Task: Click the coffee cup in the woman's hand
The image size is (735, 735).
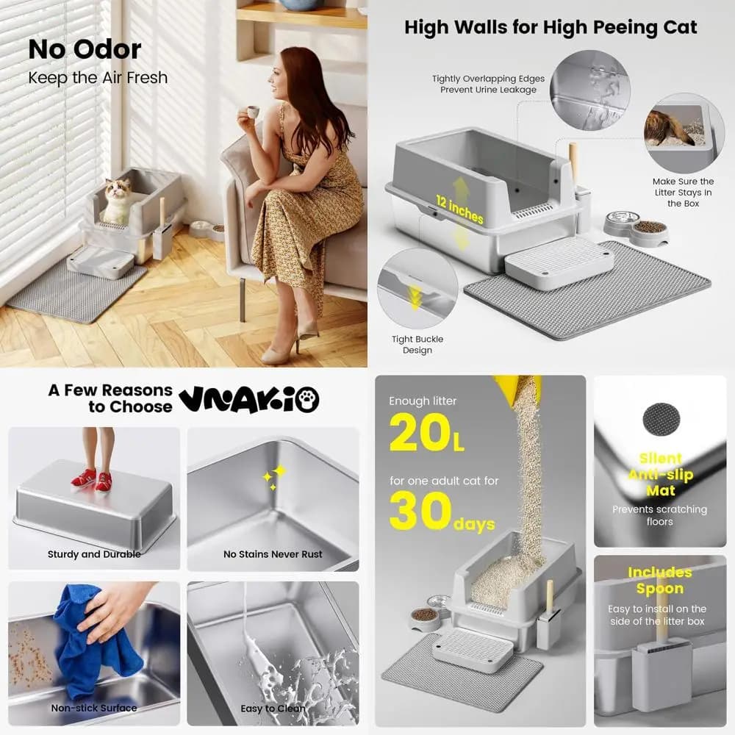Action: pos(253,112)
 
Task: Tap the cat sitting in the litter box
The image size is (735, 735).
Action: pos(116,201)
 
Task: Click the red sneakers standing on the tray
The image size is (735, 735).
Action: pos(92,478)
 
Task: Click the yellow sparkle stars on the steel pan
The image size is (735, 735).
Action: pos(275,477)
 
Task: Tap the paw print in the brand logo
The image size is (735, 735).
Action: pos(307,400)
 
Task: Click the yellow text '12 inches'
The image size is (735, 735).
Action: pos(459,209)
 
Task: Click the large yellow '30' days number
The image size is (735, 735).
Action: pos(420,511)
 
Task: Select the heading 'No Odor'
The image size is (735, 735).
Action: pos(85,49)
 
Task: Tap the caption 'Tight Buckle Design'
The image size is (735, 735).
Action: pos(417,345)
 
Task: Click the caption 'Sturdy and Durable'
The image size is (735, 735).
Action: pos(94,554)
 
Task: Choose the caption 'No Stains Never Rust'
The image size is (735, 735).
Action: pos(273,554)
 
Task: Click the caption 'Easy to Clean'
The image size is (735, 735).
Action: pos(273,709)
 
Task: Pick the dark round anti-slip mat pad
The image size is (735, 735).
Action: pos(661,420)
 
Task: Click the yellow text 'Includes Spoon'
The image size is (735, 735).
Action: pos(659,581)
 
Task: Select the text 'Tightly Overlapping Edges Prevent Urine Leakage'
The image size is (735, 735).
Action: pos(489,84)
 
